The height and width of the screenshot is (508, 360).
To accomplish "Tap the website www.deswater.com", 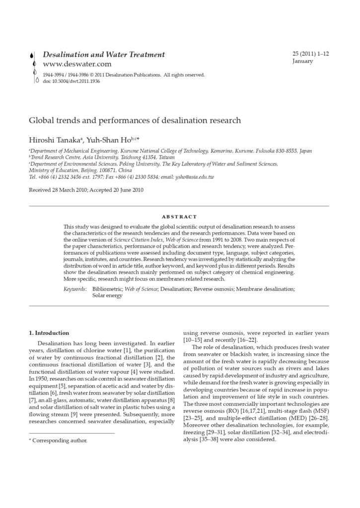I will coord(77,64).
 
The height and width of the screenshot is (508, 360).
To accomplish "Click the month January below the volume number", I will coord(303,62).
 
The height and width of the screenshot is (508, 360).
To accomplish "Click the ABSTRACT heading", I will coord(180,217).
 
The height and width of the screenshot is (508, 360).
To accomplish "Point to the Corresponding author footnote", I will coord(59,440).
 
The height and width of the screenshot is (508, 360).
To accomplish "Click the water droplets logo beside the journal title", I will coord(33,67).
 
